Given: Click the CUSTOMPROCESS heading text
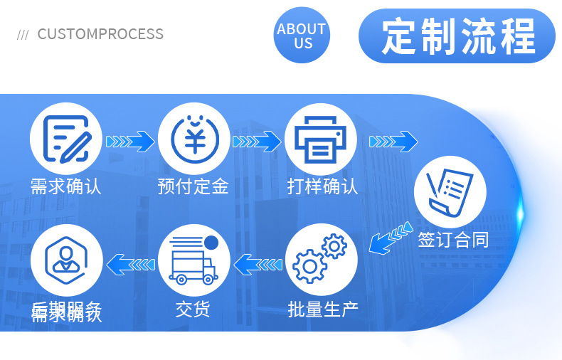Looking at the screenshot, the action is tap(100, 34).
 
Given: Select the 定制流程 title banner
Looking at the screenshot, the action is tap(457, 36).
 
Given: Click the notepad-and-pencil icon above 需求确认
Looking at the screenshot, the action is tap(66, 137).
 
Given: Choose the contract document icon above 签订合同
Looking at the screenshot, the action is tap(450, 191).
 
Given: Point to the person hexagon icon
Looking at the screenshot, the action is tap(66, 260).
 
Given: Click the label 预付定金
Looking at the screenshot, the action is tap(193, 187).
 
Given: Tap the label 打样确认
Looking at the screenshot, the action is tap(322, 187).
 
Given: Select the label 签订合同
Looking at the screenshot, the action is tap(453, 239).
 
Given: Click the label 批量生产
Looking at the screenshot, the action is tap(323, 309).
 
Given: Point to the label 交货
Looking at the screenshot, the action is tap(193, 309).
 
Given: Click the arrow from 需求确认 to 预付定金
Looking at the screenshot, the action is tap(130, 141).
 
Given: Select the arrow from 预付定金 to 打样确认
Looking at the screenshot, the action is tap(257, 141).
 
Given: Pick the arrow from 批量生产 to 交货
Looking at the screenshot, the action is tap(258, 265).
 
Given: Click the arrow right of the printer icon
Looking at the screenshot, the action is tap(393, 141).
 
